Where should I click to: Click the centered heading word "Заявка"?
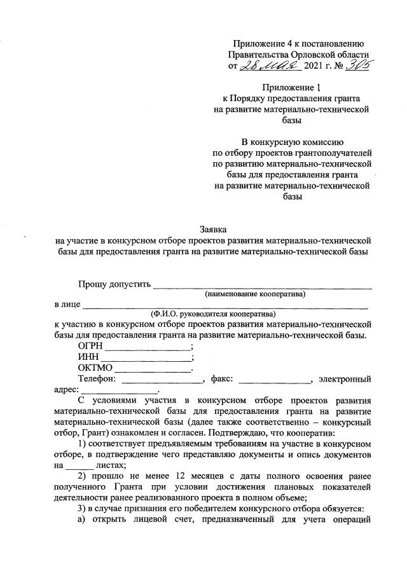(x=213, y=230)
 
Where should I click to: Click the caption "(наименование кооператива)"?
(x=254, y=294)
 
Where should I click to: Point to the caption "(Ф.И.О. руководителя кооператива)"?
(x=213, y=313)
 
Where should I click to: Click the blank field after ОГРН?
(x=147, y=348)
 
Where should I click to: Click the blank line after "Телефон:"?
(x=160, y=380)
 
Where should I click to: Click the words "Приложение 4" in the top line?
(x=261, y=43)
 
